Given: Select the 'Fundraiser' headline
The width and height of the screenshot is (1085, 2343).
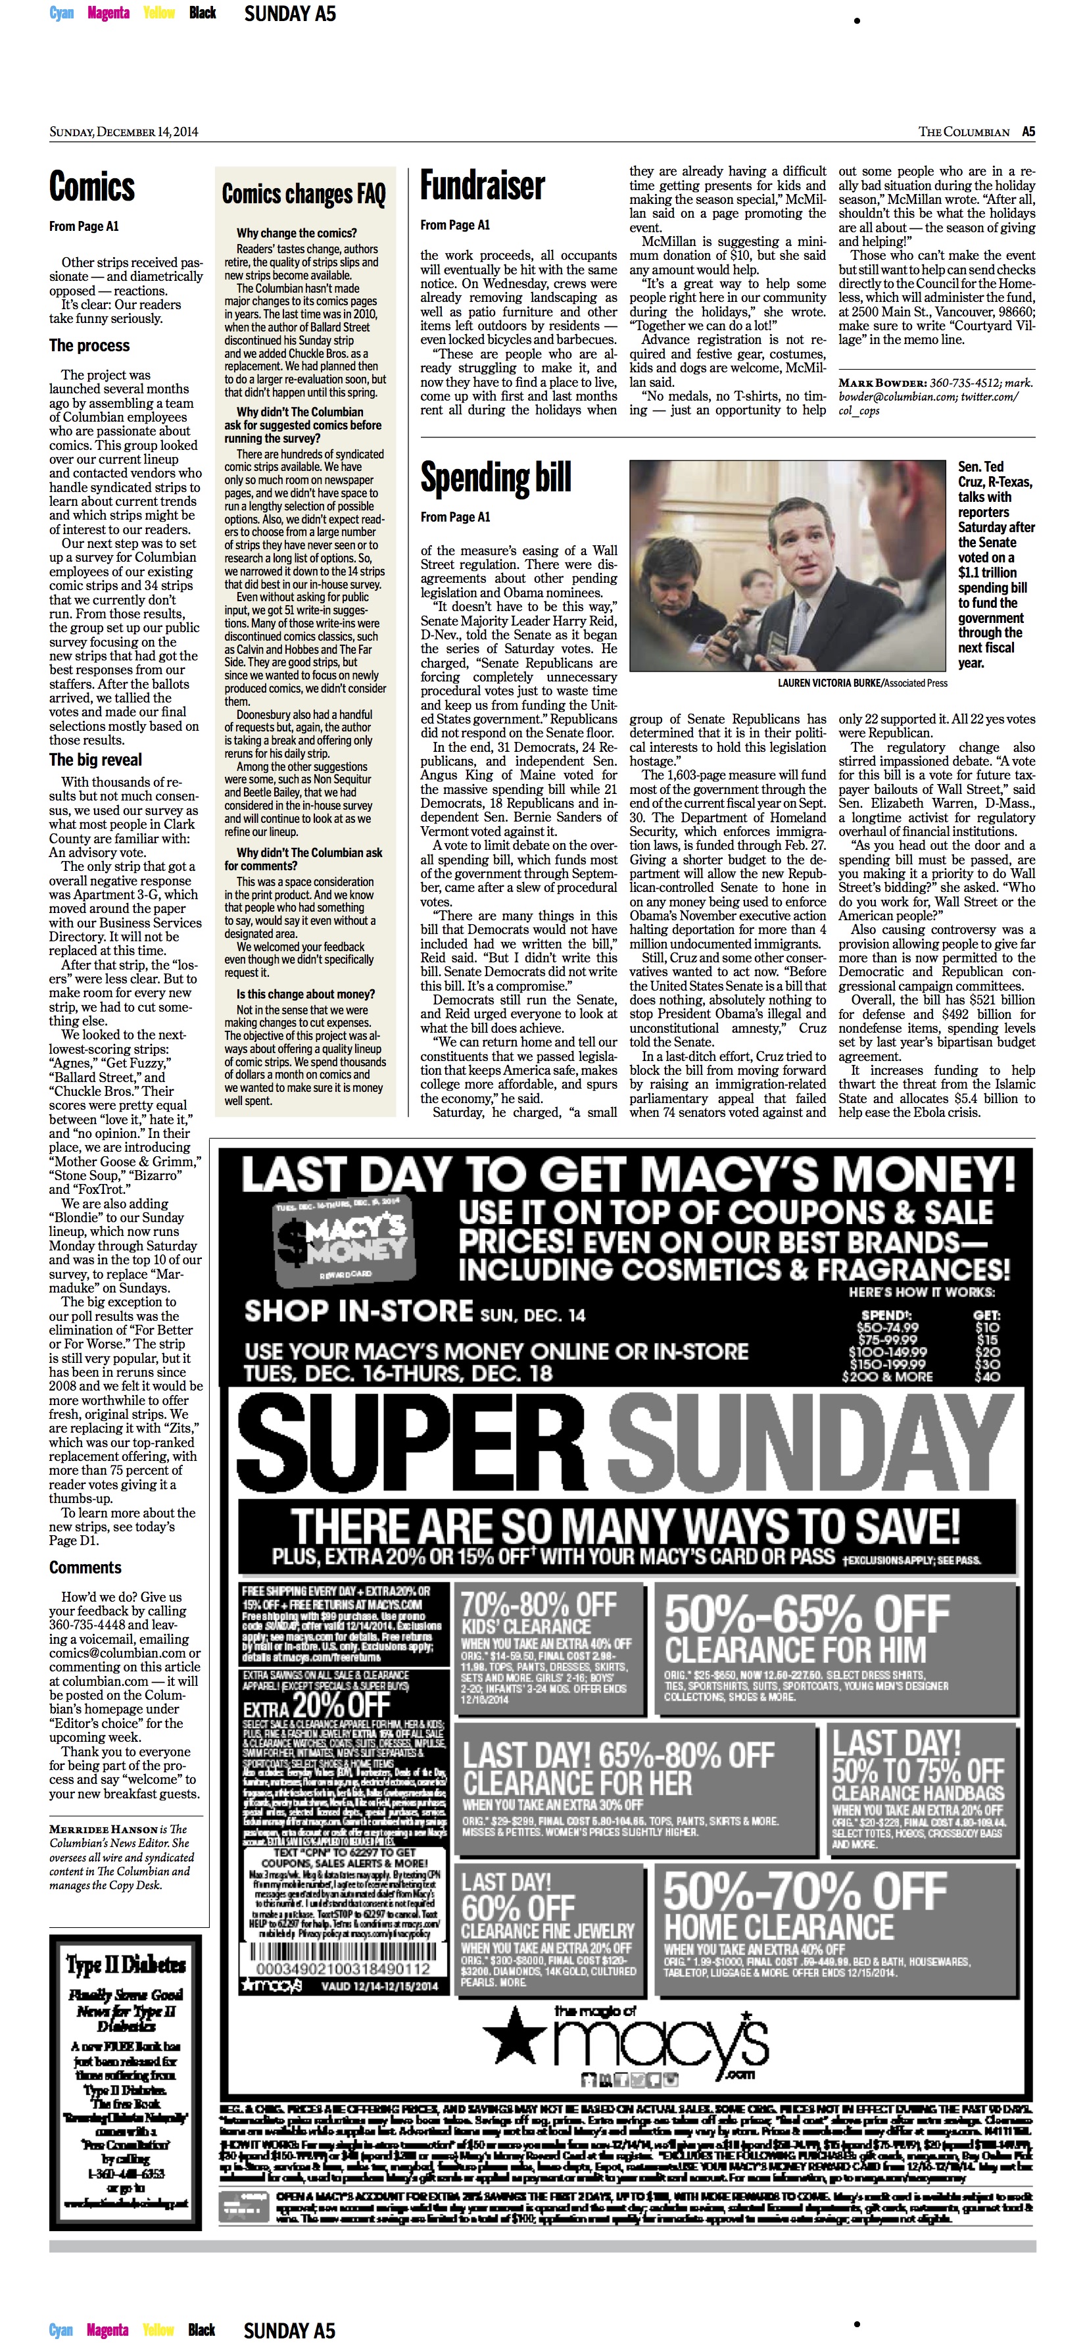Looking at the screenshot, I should (482, 186).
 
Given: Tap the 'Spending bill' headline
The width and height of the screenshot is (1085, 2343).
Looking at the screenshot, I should (496, 478).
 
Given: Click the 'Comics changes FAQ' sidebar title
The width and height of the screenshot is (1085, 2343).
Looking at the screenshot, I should (304, 194).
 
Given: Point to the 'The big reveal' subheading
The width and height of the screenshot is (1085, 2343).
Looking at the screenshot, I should (95, 760).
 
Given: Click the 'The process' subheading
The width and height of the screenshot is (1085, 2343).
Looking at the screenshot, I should (89, 345).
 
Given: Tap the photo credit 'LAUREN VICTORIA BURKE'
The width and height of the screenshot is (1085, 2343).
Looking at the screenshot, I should (829, 682).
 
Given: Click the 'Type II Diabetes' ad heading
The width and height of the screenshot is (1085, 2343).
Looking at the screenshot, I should (126, 1965).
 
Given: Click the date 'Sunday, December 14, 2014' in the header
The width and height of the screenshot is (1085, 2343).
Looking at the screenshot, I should (124, 132).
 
